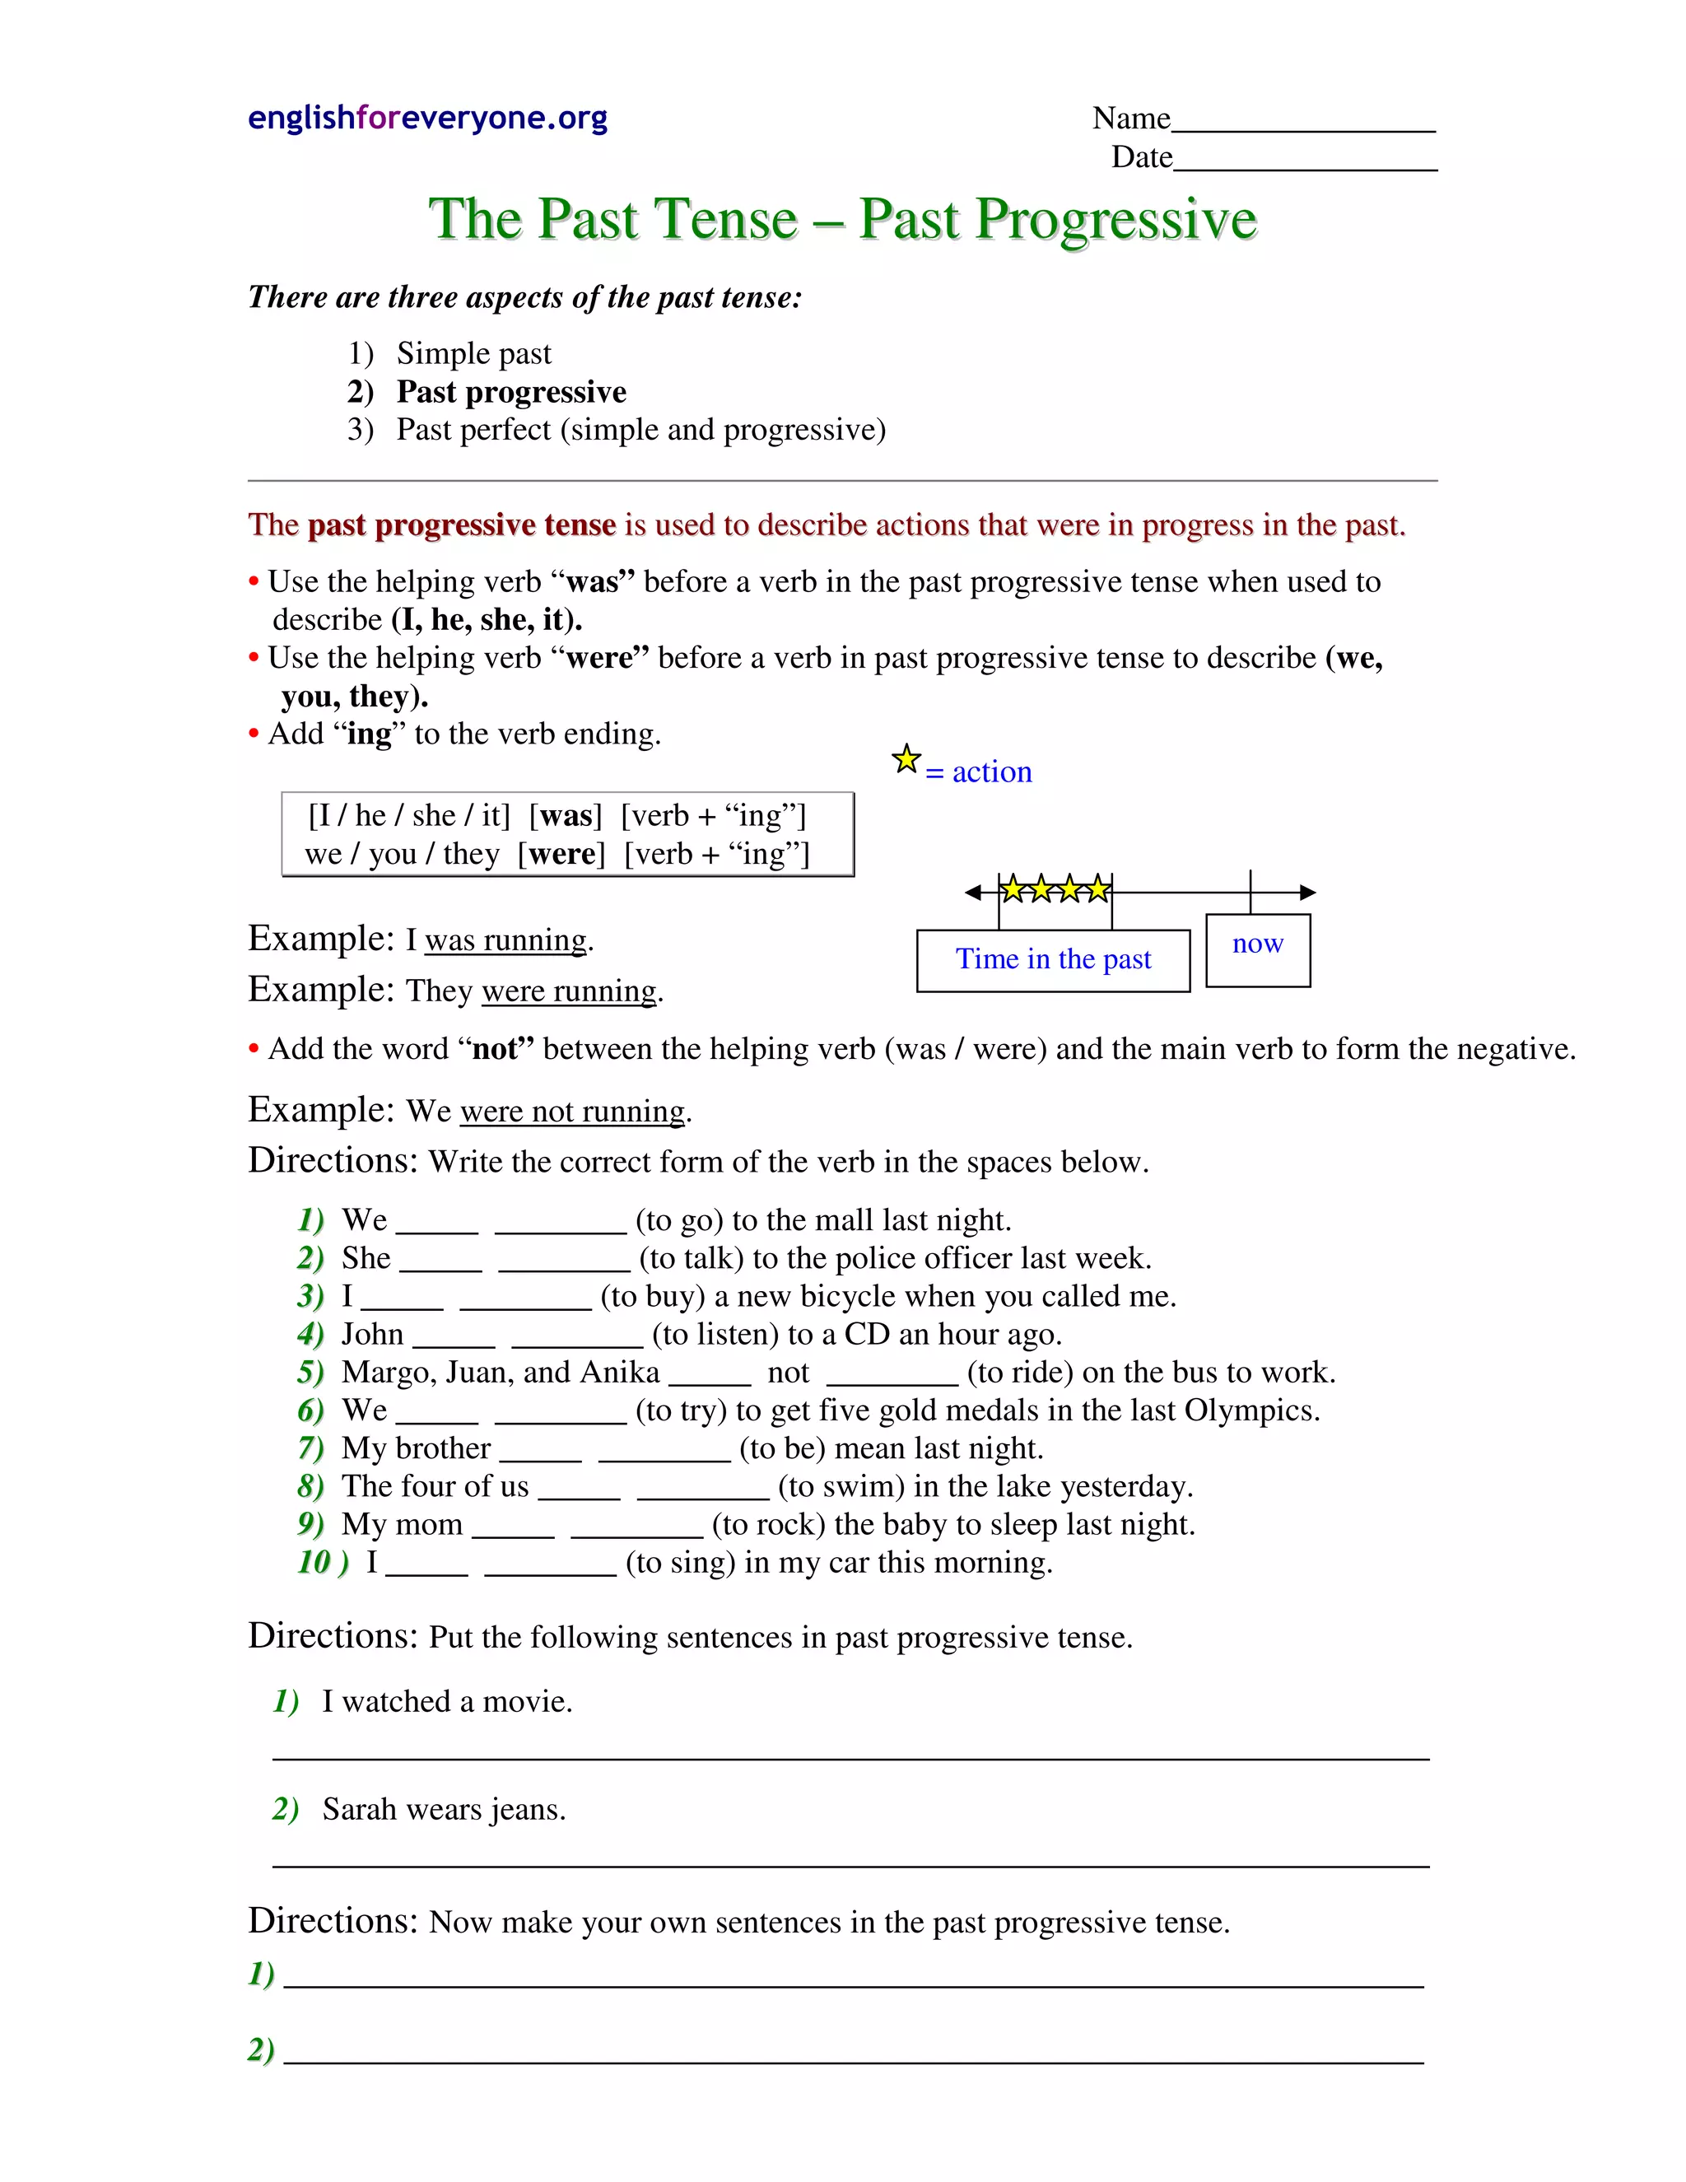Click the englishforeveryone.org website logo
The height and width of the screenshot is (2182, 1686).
[x=427, y=118]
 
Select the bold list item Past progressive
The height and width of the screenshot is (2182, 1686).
[x=510, y=392]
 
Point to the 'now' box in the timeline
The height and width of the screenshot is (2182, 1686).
[x=1258, y=949]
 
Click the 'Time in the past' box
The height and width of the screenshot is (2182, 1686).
[x=1053, y=959]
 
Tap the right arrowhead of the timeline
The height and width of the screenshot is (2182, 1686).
[x=1307, y=893]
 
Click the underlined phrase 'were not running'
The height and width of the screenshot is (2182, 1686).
[x=572, y=1111]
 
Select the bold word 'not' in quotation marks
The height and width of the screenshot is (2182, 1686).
[x=496, y=1049]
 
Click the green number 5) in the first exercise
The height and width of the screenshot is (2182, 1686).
[x=310, y=1372]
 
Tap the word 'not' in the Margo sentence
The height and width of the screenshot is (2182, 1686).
[x=788, y=1373]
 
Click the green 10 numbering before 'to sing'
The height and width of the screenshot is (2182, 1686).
[x=315, y=1563]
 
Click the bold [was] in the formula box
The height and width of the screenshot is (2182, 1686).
[x=566, y=816]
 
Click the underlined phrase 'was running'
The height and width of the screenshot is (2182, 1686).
[x=505, y=940]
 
